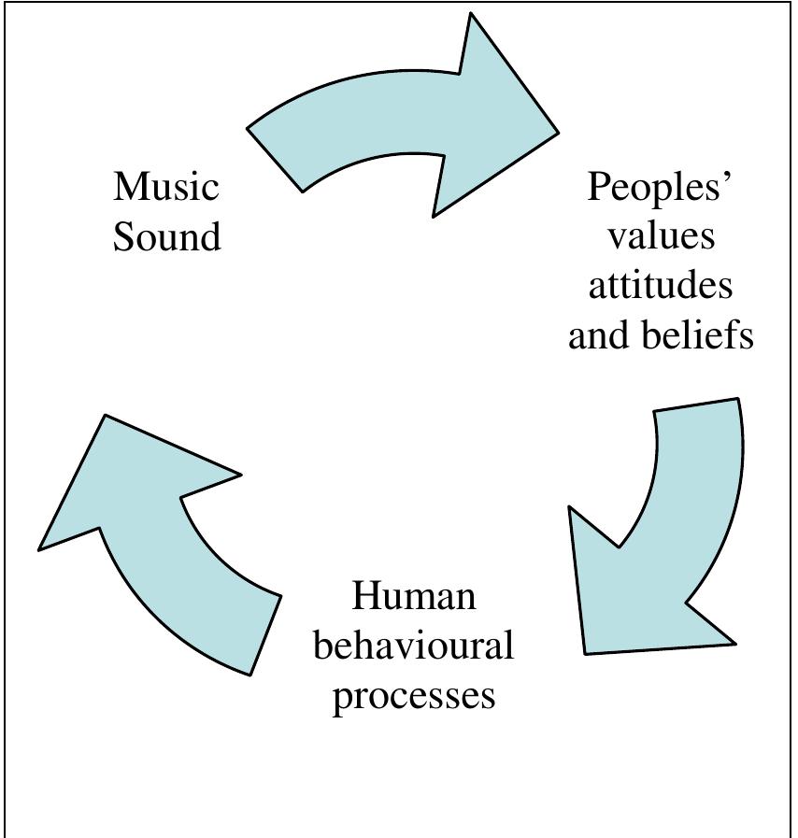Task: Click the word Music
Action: pyautogui.click(x=166, y=187)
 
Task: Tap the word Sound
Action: pyautogui.click(x=167, y=236)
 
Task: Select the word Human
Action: pyautogui.click(x=413, y=596)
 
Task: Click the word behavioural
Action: pyautogui.click(x=413, y=646)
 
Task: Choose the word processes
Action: pyautogui.click(x=413, y=696)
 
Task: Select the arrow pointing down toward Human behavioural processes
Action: pyautogui.click(x=668, y=533)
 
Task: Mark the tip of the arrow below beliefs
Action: pyautogui.click(x=586, y=651)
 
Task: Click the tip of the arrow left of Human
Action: pyautogui.click(x=106, y=417)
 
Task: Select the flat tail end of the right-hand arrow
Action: pyautogui.click(x=697, y=405)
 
